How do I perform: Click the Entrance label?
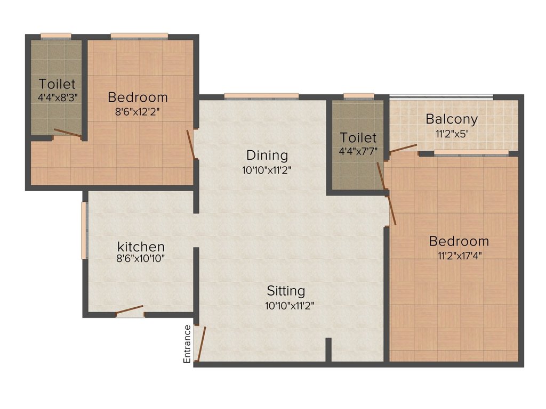pos(187,344)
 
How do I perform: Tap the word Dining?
pos(267,156)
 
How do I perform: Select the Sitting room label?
pos(286,291)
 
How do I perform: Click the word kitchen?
pos(141,247)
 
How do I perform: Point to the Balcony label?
pos(451,119)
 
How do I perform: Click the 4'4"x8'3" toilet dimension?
pos(58,97)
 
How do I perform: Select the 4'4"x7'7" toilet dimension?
pos(358,151)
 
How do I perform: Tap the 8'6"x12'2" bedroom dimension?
pos(138,112)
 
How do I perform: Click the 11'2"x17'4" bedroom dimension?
pos(459,256)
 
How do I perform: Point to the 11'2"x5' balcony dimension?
pos(451,134)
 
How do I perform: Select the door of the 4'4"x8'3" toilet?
pos(68,133)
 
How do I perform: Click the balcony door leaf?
pos(403,148)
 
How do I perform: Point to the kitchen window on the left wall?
pos(84,230)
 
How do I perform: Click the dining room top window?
pos(261,96)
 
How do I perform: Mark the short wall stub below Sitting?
pos(328,349)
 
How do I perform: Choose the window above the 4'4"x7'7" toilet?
pos(359,96)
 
